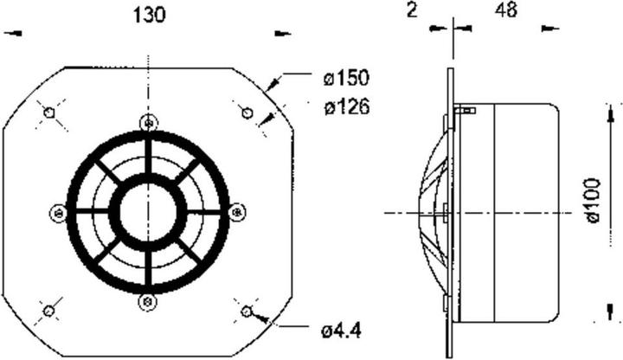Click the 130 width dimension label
pyautogui.click(x=149, y=16)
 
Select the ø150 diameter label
pyautogui.click(x=346, y=78)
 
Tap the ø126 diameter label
pyautogui.click(x=347, y=107)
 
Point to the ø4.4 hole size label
pyautogui.click(x=342, y=331)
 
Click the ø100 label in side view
pyautogui.click(x=593, y=201)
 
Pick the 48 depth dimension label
pyautogui.click(x=506, y=10)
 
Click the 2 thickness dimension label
pyautogui.click(x=412, y=10)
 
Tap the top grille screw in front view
pyautogui.click(x=149, y=123)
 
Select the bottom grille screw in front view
pyautogui.click(x=147, y=302)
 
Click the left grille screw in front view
pyautogui.click(x=59, y=214)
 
